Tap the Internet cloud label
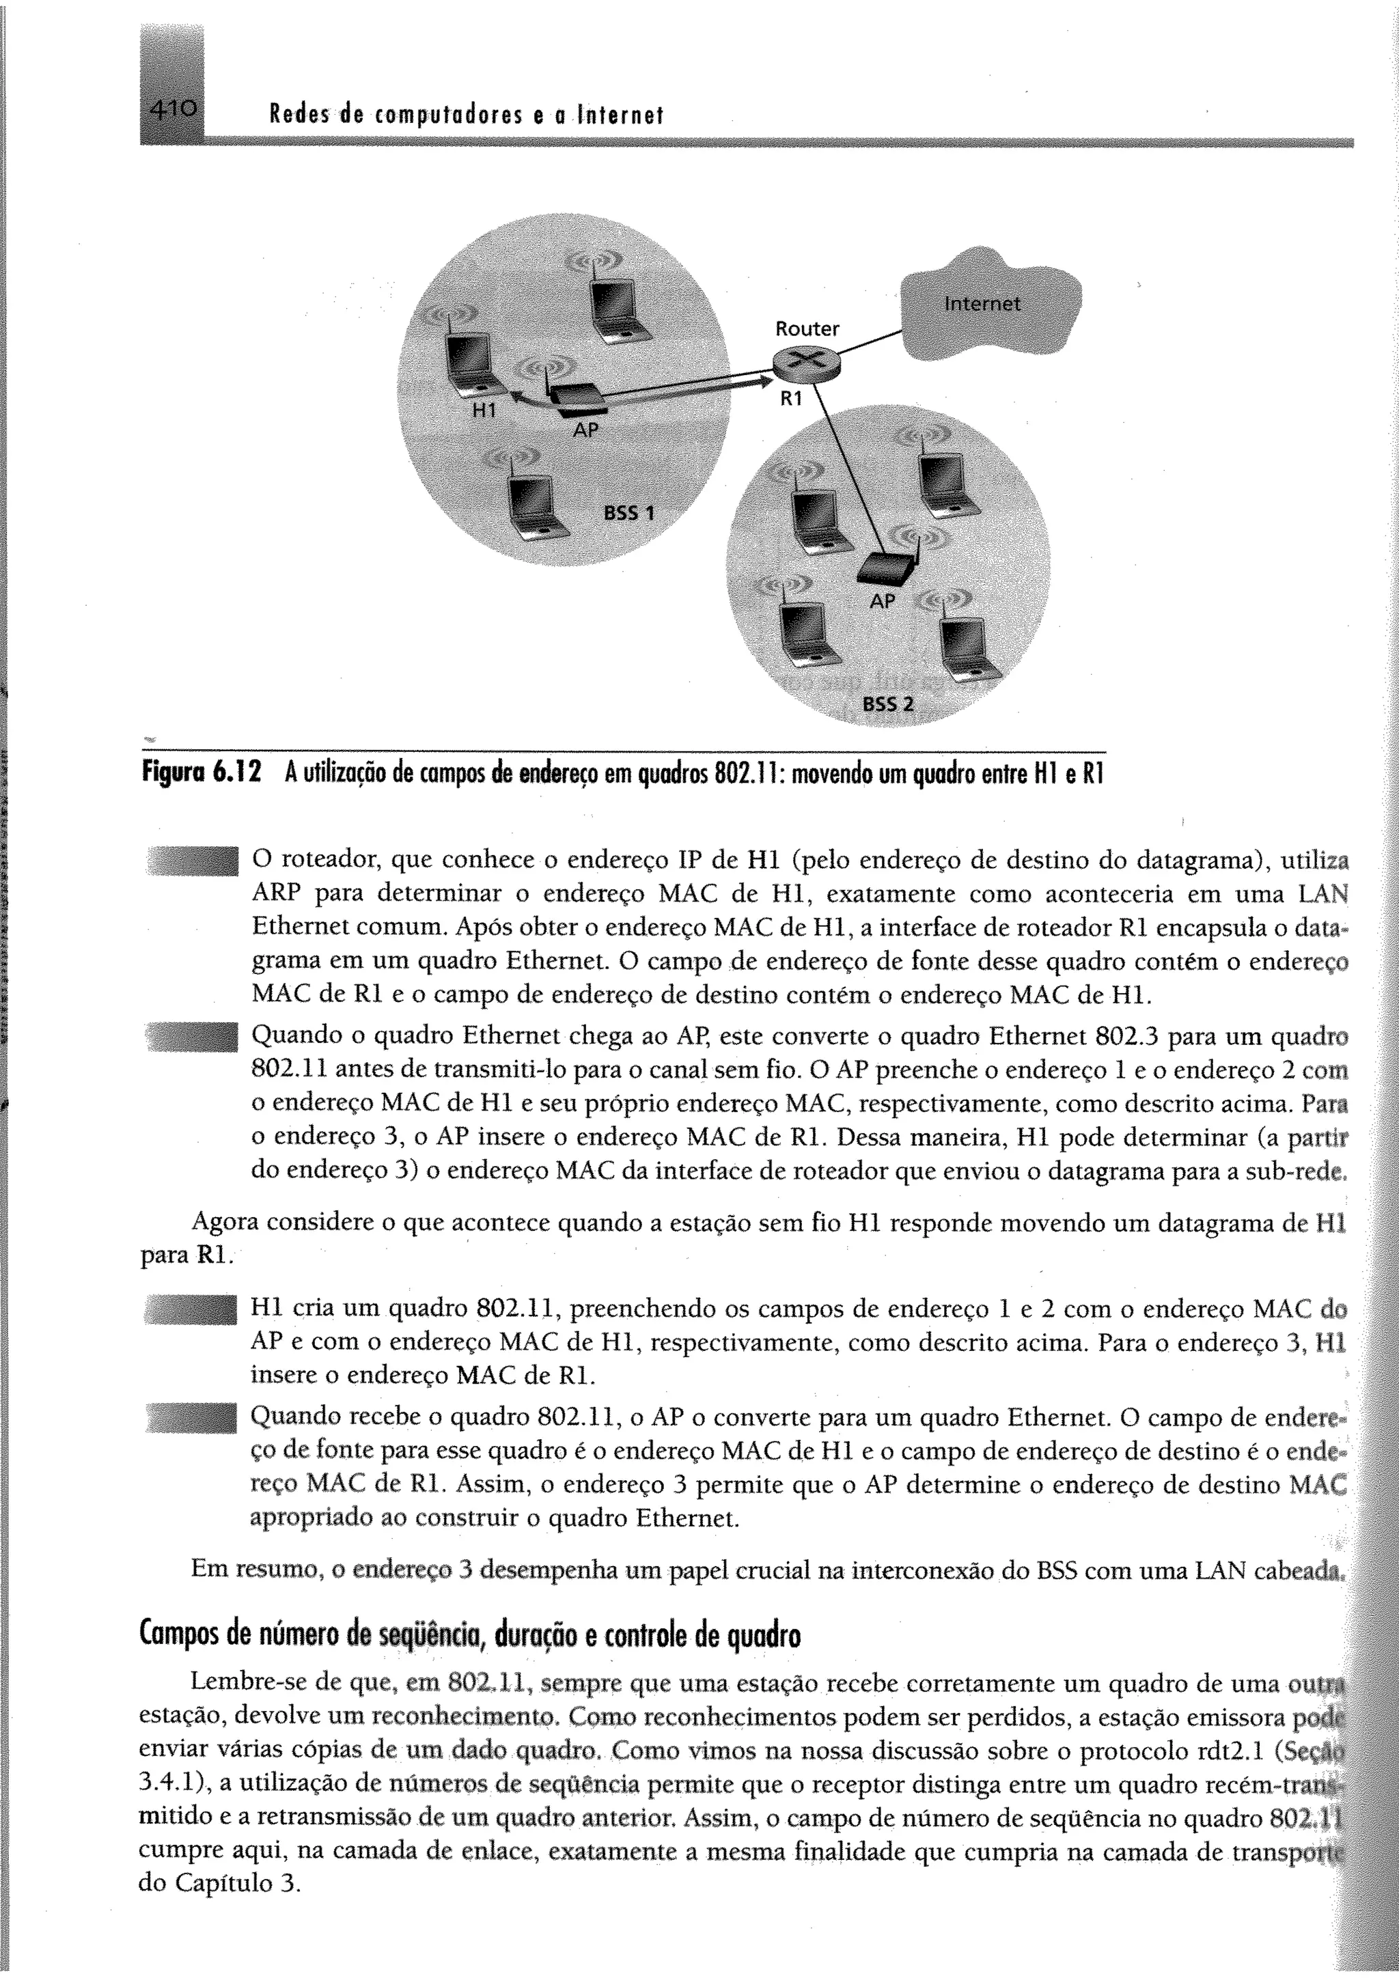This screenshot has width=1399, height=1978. [x=982, y=304]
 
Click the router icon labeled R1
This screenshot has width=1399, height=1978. [x=806, y=363]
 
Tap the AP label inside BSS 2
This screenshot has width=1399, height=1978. [x=881, y=600]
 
